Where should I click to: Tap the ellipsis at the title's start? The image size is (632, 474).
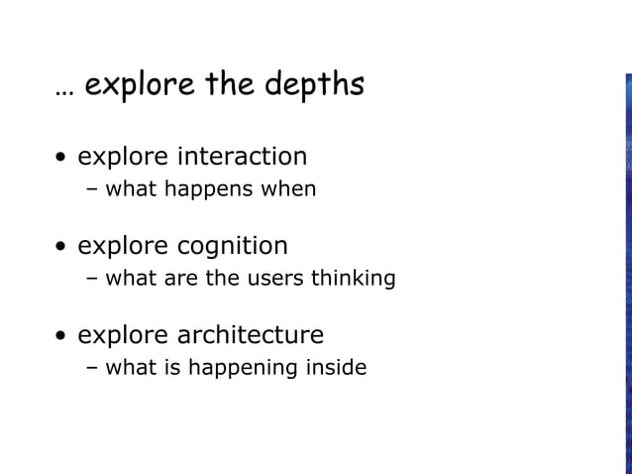coord(64,92)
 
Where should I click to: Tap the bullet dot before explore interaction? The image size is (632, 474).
coord(62,159)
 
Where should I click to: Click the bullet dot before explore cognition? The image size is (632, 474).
coord(62,247)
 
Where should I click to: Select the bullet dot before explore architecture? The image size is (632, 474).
coord(62,336)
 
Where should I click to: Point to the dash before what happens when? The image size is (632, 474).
coord(92,188)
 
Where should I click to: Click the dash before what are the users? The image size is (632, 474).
coord(92,278)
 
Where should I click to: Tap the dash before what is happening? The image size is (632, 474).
coord(92,368)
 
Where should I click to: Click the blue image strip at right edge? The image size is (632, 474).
coord(628,268)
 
